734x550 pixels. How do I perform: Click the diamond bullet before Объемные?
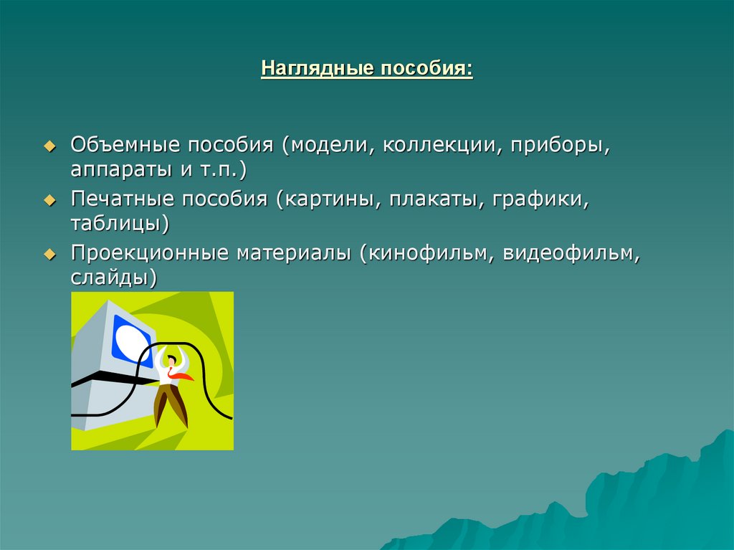pos(49,146)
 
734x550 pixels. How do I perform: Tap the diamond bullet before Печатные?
pos(49,200)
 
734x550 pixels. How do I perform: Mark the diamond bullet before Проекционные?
pos(49,254)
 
